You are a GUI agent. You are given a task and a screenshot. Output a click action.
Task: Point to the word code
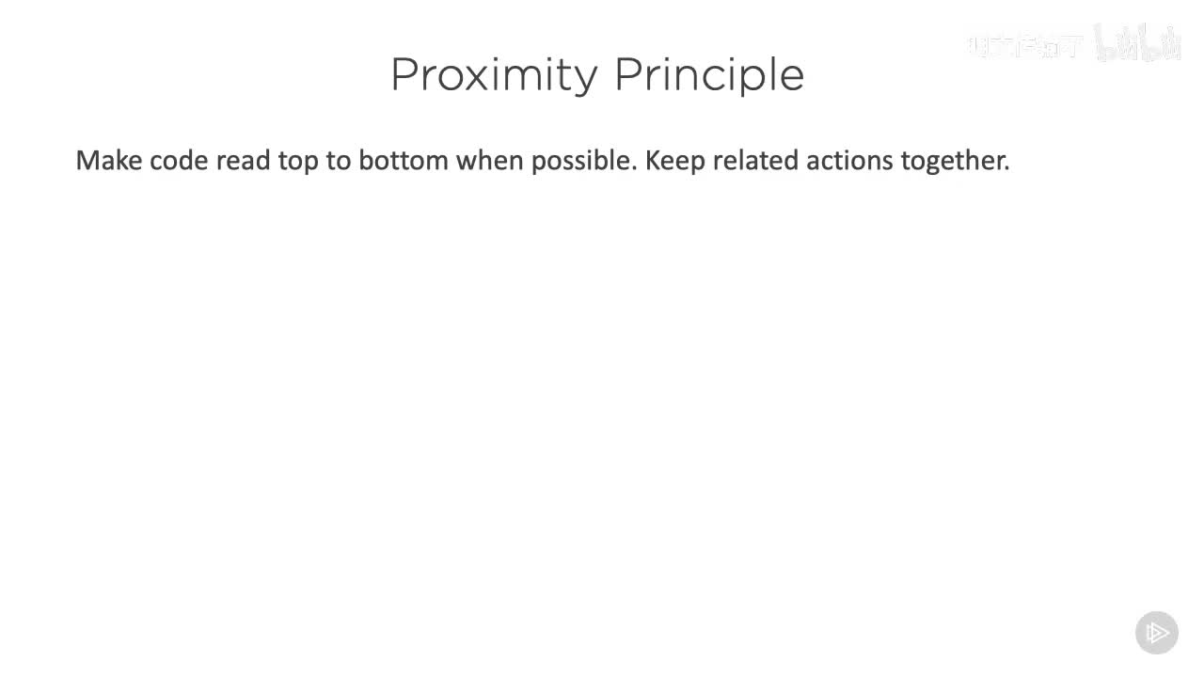(179, 161)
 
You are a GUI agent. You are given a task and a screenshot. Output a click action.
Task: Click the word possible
(581, 161)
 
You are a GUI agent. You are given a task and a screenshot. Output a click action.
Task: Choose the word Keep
(674, 161)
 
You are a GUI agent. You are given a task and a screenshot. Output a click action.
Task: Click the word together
(954, 161)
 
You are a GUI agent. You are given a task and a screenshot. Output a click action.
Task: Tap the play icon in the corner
(1157, 632)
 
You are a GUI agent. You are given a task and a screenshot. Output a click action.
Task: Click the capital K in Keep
(652, 161)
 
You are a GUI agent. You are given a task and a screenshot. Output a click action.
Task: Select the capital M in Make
(87, 161)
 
